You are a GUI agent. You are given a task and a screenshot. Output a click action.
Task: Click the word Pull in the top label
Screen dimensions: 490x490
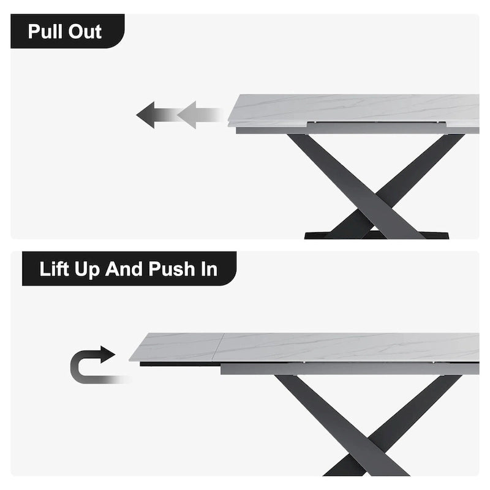[45, 32]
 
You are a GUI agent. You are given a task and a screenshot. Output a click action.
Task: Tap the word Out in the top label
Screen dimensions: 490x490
[85, 32]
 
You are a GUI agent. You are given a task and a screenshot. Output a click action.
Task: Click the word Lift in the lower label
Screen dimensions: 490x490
[54, 269]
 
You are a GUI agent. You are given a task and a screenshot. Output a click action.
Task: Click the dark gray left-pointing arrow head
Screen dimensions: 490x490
[146, 115]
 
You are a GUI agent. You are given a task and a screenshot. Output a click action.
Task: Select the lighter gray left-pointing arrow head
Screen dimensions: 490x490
[187, 115]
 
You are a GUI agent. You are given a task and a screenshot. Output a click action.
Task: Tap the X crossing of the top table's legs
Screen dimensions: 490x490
[375, 196]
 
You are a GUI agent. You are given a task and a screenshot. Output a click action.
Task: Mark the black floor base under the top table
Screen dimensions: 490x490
[377, 235]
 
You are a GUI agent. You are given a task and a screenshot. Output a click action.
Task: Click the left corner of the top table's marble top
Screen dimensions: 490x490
[228, 122]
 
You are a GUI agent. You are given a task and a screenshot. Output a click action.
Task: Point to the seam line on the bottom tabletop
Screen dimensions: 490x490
[220, 347]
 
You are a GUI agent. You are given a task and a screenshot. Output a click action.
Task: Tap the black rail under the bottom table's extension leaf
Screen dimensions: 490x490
[180, 364]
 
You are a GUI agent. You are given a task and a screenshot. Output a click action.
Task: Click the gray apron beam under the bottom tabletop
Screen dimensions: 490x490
[350, 369]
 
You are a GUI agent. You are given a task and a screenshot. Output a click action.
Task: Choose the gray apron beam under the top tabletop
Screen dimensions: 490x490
[358, 129]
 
